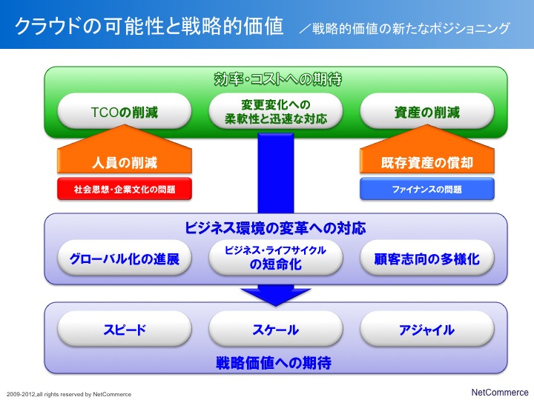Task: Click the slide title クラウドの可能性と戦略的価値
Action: pos(149,26)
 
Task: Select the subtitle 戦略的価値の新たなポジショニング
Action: pos(405,28)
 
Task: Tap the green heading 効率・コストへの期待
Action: pos(277,79)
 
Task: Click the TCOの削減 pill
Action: pos(125,111)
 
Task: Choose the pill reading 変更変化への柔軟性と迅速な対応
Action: pos(275,111)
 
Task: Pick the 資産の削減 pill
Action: pos(426,111)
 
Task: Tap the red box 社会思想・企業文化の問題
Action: pos(125,189)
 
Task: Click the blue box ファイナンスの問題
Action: pos(426,189)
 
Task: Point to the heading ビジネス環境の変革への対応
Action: pos(275,228)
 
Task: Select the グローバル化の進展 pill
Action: pos(125,259)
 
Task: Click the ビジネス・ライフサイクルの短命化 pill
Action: pos(275,259)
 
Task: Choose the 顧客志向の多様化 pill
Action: pos(426,259)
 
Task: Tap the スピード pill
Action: pos(125,329)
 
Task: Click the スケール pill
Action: pos(275,329)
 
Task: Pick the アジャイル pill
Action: pos(426,329)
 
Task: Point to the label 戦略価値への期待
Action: pos(274,362)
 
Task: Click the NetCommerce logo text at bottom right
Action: pos(500,392)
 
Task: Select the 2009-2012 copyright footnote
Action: pos(69,394)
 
